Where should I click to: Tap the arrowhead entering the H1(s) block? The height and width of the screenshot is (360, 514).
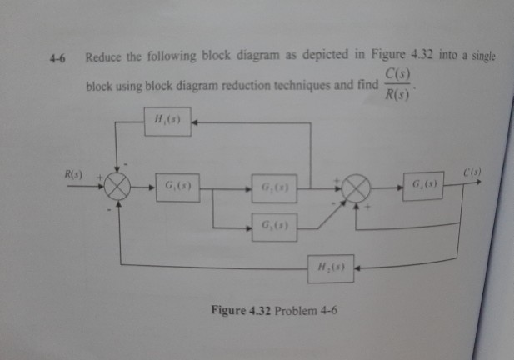click(x=196, y=122)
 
